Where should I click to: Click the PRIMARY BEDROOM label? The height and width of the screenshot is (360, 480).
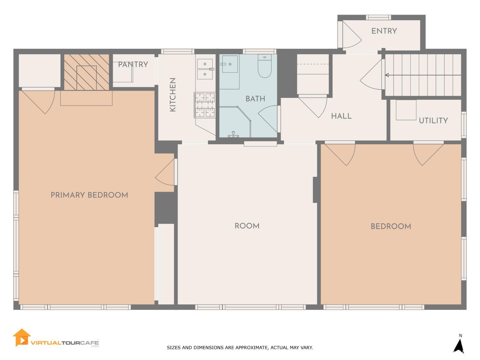pyautogui.click(x=89, y=195)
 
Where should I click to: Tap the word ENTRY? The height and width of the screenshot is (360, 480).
pyautogui.click(x=384, y=31)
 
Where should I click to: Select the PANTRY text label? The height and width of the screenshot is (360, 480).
pyautogui.click(x=133, y=65)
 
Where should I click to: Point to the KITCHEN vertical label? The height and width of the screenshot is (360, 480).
pyautogui.click(x=173, y=95)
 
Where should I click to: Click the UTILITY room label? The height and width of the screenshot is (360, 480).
pyautogui.click(x=433, y=121)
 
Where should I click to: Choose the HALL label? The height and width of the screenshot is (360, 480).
pyautogui.click(x=341, y=116)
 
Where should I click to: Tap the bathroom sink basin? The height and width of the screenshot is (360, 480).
pyautogui.click(x=229, y=64)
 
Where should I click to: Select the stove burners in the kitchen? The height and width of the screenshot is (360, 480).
pyautogui.click(x=205, y=105)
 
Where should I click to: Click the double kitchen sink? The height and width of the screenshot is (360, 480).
pyautogui.click(x=205, y=69)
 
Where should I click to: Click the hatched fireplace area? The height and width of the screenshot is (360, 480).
pyautogui.click(x=87, y=72)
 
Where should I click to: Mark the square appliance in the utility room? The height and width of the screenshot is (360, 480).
pyautogui.click(x=406, y=110)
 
